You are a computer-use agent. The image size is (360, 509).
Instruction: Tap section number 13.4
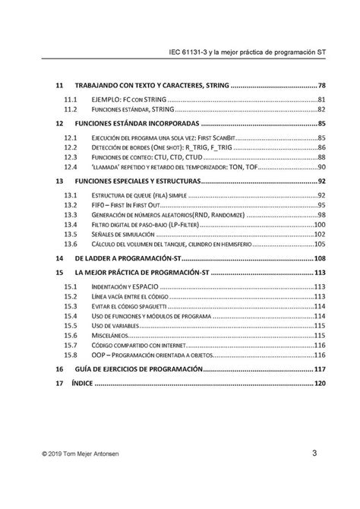[x=71, y=226]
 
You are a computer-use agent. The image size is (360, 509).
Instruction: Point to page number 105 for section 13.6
[x=320, y=245]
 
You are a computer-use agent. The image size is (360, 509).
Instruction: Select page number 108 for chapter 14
[x=320, y=259]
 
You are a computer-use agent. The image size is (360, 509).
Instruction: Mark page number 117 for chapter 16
[x=320, y=368]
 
